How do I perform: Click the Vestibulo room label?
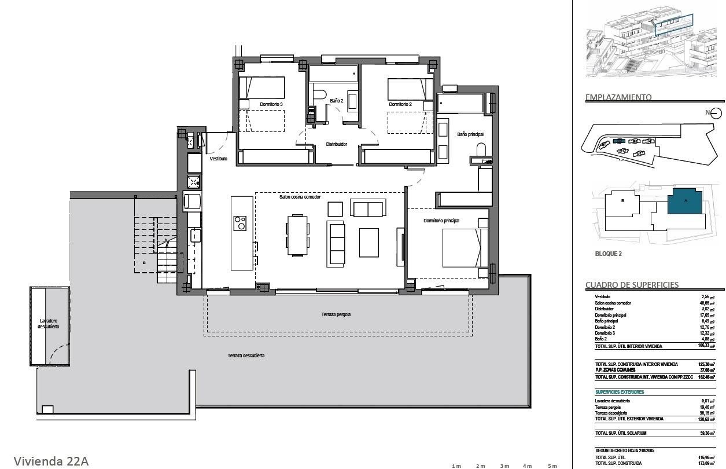tap(218, 158)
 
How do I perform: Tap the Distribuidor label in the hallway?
tap(336, 144)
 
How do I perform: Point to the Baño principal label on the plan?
tap(470, 134)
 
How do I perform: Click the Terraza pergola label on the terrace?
tap(336, 314)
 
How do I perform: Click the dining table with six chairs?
tap(297, 235)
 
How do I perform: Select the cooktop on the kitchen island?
tap(239, 223)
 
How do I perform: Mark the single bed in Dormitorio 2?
tap(410, 89)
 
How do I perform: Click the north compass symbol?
tap(716, 113)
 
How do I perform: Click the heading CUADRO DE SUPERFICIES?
tap(632, 285)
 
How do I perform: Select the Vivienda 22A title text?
tap(51, 461)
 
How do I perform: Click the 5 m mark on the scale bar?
tap(552, 466)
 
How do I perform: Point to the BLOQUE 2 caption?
tap(608, 254)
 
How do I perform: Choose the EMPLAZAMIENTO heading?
tap(618, 97)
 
